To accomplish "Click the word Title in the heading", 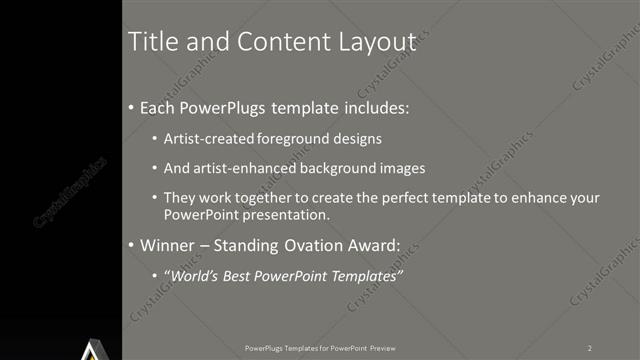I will pyautogui.click(x=155, y=42).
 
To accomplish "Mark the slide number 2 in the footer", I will pyautogui.click(x=590, y=347).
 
